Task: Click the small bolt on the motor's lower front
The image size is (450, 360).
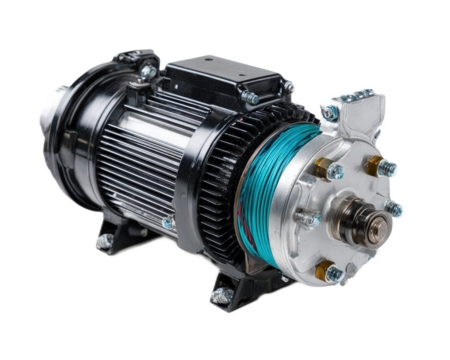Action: pyautogui.click(x=168, y=223)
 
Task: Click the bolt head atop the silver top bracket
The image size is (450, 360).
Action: pyautogui.click(x=356, y=97)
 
